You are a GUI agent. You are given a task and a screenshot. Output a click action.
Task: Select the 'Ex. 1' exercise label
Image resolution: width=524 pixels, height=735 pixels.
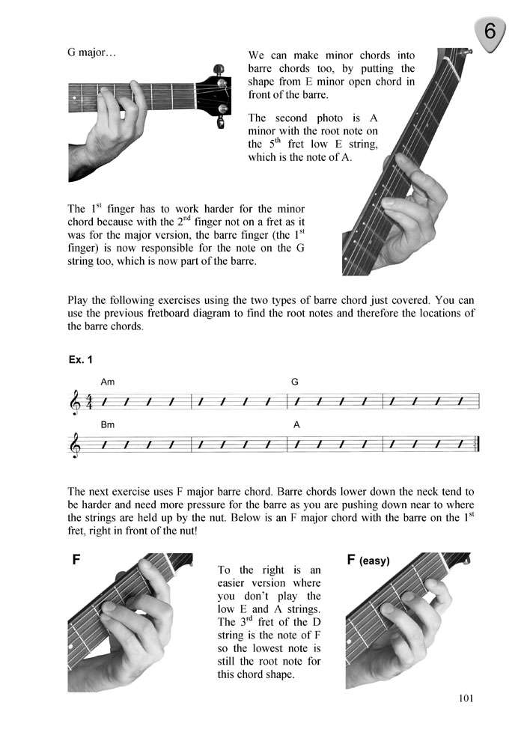[80, 360]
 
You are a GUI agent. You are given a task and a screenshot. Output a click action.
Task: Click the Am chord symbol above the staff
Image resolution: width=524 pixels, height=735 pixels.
[108, 382]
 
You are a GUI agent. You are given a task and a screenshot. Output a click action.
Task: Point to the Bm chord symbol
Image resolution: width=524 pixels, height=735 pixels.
[108, 424]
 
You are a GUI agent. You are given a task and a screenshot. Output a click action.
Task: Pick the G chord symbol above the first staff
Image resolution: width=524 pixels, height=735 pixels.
[295, 382]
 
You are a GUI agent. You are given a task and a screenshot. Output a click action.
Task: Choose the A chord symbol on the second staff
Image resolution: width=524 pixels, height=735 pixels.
[296, 424]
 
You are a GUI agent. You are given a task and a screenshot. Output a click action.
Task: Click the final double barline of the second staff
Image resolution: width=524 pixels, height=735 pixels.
[477, 445]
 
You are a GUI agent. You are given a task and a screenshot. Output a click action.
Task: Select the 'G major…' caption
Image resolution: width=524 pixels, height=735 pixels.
[91, 54]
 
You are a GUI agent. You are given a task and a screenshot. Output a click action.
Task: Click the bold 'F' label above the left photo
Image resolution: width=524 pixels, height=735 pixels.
[76, 560]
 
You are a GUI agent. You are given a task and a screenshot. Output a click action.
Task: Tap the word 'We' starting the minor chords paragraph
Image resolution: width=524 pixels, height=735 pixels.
[257, 56]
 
